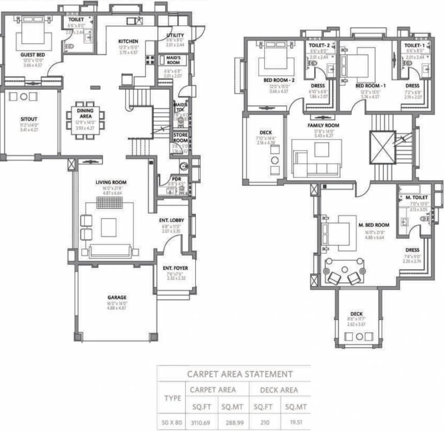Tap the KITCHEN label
pyautogui.click(x=129, y=41)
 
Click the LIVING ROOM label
pyautogui.click(x=111, y=182)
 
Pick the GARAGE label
pyautogui.click(x=117, y=297)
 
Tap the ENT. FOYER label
pyautogui.click(x=175, y=268)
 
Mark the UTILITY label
pyautogui.click(x=175, y=35)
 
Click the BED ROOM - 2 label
pyautogui.click(x=279, y=80)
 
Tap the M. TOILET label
pyautogui.click(x=417, y=198)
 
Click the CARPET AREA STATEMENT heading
pyautogui.click(x=239, y=373)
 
